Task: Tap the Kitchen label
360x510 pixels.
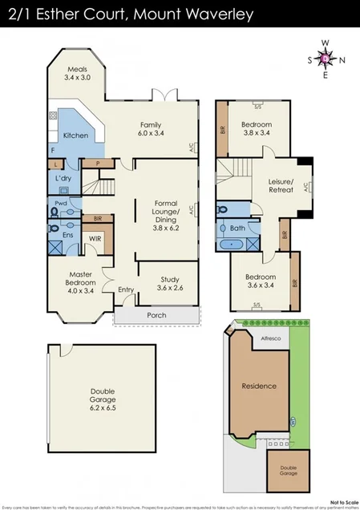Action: click(75, 135)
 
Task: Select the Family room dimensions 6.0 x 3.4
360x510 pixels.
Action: click(151, 134)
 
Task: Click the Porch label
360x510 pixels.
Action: click(156, 315)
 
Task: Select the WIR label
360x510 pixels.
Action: click(94, 238)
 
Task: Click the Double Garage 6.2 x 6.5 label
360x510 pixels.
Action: click(103, 399)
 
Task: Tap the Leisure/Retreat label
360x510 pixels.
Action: click(281, 187)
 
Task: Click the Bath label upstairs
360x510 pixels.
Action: click(237, 229)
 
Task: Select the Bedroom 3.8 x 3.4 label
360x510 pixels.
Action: click(257, 128)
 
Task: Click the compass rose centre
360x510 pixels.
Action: click(324, 59)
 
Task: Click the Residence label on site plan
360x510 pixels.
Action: click(259, 386)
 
